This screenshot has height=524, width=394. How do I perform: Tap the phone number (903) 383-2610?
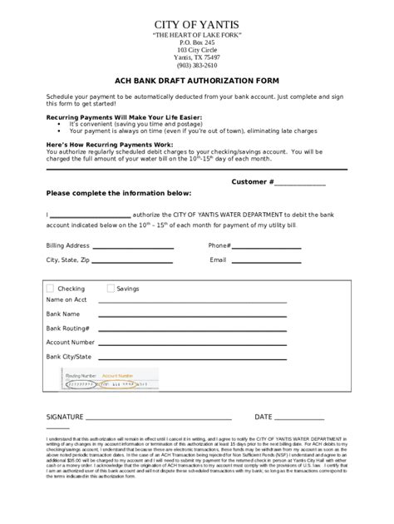click(x=196, y=65)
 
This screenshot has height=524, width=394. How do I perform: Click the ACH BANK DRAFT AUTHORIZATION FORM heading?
click(x=196, y=82)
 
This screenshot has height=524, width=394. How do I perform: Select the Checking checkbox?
click(x=51, y=289)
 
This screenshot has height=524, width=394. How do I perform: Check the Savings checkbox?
click(x=111, y=289)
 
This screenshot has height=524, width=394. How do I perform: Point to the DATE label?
click(x=263, y=416)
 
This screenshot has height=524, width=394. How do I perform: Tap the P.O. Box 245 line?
click(x=196, y=42)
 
